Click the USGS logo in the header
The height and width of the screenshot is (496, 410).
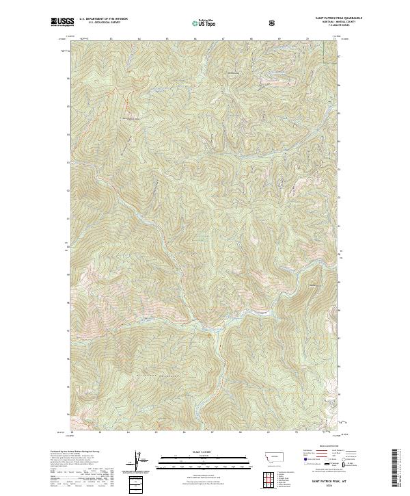coord(62,23)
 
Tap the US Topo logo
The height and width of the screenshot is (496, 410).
coord(205,23)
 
